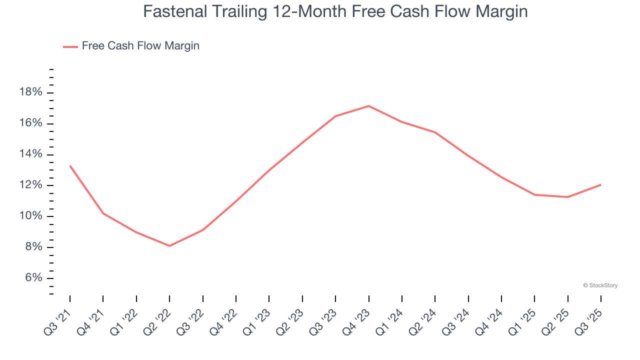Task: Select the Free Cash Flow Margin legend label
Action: click(140, 46)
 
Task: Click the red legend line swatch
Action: click(70, 46)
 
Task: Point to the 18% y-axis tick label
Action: click(30, 92)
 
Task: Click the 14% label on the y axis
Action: click(30, 154)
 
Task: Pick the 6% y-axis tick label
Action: click(32, 278)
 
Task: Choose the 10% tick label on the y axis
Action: click(30, 216)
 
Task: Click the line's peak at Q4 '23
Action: click(368, 106)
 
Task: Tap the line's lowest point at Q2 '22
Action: click(169, 246)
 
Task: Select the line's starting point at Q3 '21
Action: click(70, 165)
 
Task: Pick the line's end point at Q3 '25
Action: click(600, 185)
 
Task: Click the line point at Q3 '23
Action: click(335, 116)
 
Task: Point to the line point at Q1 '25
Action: click(534, 194)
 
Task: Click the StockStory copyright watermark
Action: click(600, 285)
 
